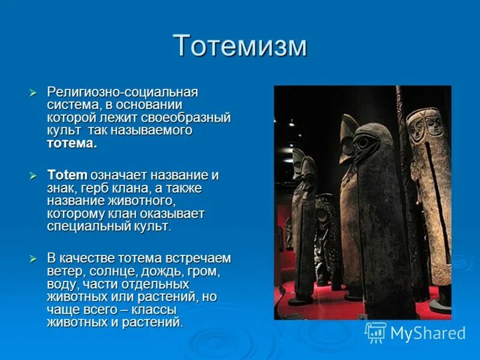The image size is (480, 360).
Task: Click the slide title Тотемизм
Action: (x=239, y=46)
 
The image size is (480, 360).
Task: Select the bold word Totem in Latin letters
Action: (x=67, y=176)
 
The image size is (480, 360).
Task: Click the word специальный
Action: (x=88, y=226)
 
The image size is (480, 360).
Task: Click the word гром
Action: (x=203, y=271)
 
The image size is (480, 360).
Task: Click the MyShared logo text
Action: (x=428, y=333)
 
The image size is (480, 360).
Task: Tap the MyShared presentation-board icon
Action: (x=376, y=332)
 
